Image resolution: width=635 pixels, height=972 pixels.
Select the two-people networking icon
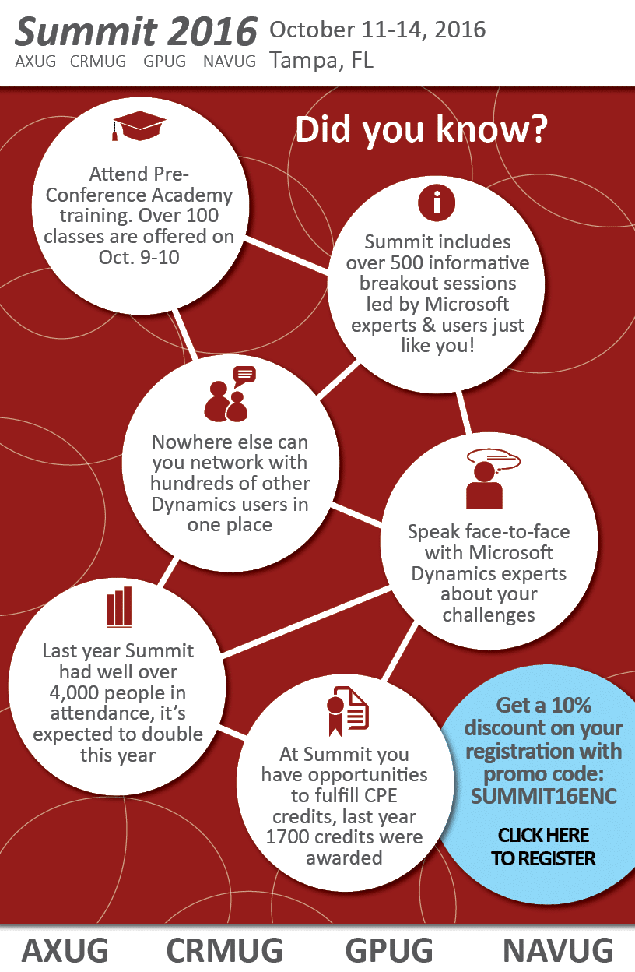click(x=228, y=395)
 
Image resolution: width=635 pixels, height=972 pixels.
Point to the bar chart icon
click(x=119, y=607)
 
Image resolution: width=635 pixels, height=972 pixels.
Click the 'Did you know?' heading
click(x=421, y=130)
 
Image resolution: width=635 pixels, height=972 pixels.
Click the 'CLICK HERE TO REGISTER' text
click(x=544, y=847)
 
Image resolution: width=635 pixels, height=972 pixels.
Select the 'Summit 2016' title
click(x=136, y=32)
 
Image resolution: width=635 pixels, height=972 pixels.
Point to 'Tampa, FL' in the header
click(x=321, y=60)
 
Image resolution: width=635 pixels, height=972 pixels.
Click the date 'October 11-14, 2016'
click(x=377, y=30)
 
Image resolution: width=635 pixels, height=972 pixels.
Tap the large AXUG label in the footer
click(x=65, y=950)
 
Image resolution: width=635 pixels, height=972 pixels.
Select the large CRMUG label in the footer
click(x=225, y=950)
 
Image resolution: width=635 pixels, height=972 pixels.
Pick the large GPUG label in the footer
click(x=389, y=950)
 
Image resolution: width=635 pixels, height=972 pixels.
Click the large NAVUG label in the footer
click(x=558, y=950)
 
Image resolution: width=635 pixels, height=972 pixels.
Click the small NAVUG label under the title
click(x=229, y=62)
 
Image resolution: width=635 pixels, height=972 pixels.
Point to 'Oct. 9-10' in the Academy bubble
click(x=139, y=256)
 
